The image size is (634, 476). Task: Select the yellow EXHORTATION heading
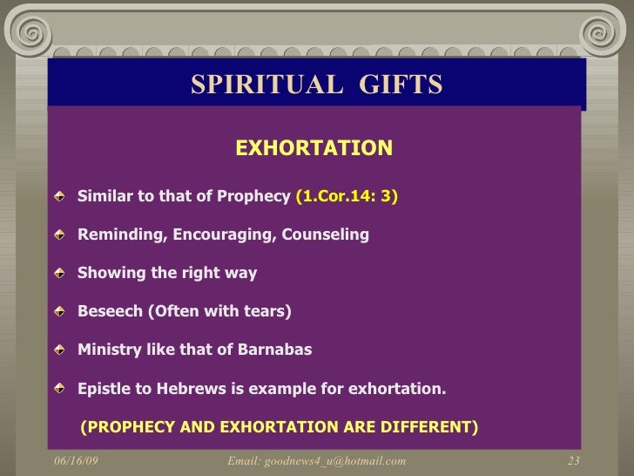coord(314,147)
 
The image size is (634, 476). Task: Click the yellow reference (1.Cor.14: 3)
coord(347,197)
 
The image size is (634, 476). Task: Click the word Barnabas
coord(271,350)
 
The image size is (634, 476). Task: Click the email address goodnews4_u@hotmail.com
coord(316,460)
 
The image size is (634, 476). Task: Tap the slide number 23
coord(573,460)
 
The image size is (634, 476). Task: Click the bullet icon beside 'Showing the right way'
coord(59,274)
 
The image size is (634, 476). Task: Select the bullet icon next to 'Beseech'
coord(59,312)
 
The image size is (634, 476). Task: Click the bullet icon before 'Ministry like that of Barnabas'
coord(59,350)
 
